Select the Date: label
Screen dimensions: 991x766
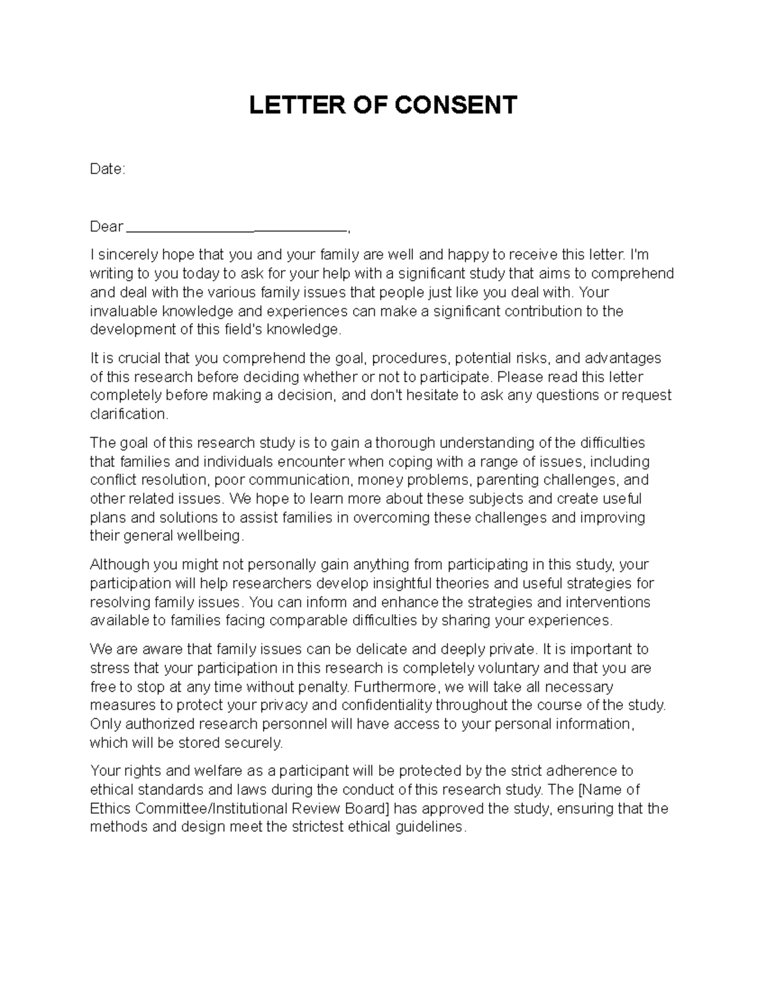tap(107, 169)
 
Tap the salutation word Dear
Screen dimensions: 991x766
tap(106, 227)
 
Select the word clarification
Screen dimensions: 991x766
tap(129, 414)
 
